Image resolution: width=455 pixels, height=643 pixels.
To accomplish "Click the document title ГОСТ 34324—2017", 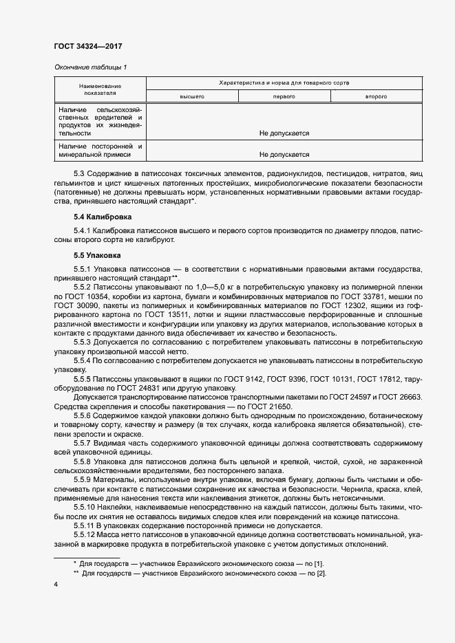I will click(88, 46).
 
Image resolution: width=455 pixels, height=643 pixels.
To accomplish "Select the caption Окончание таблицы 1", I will click(90, 67).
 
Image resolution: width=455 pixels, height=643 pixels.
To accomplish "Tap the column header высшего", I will click(191, 97).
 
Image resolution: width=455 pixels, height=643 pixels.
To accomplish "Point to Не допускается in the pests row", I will click(284, 133).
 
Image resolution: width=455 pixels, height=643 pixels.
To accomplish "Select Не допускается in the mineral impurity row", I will click(284, 155).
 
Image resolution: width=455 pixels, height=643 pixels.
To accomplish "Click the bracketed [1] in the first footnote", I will click(319, 563).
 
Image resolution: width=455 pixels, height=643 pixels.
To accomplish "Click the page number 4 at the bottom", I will click(56, 585).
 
